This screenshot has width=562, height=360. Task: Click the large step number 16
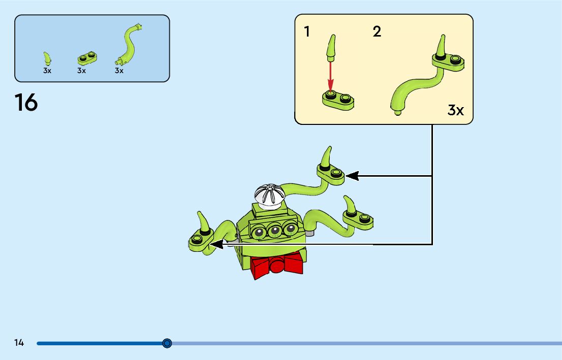26,102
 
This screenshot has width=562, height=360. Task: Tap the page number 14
19,343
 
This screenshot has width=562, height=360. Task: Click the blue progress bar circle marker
167,343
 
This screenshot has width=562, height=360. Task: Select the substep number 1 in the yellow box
307,32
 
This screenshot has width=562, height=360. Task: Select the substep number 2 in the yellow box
377,32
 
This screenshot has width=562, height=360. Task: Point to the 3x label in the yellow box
455,110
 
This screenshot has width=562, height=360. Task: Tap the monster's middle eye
275,231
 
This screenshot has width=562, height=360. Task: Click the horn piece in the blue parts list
47,58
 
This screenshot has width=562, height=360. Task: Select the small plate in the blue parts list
87,57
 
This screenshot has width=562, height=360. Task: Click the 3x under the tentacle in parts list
119,71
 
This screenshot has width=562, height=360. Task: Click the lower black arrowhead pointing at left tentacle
215,245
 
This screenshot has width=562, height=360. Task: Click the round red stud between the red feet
277,266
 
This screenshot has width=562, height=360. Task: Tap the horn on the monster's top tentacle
328,156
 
